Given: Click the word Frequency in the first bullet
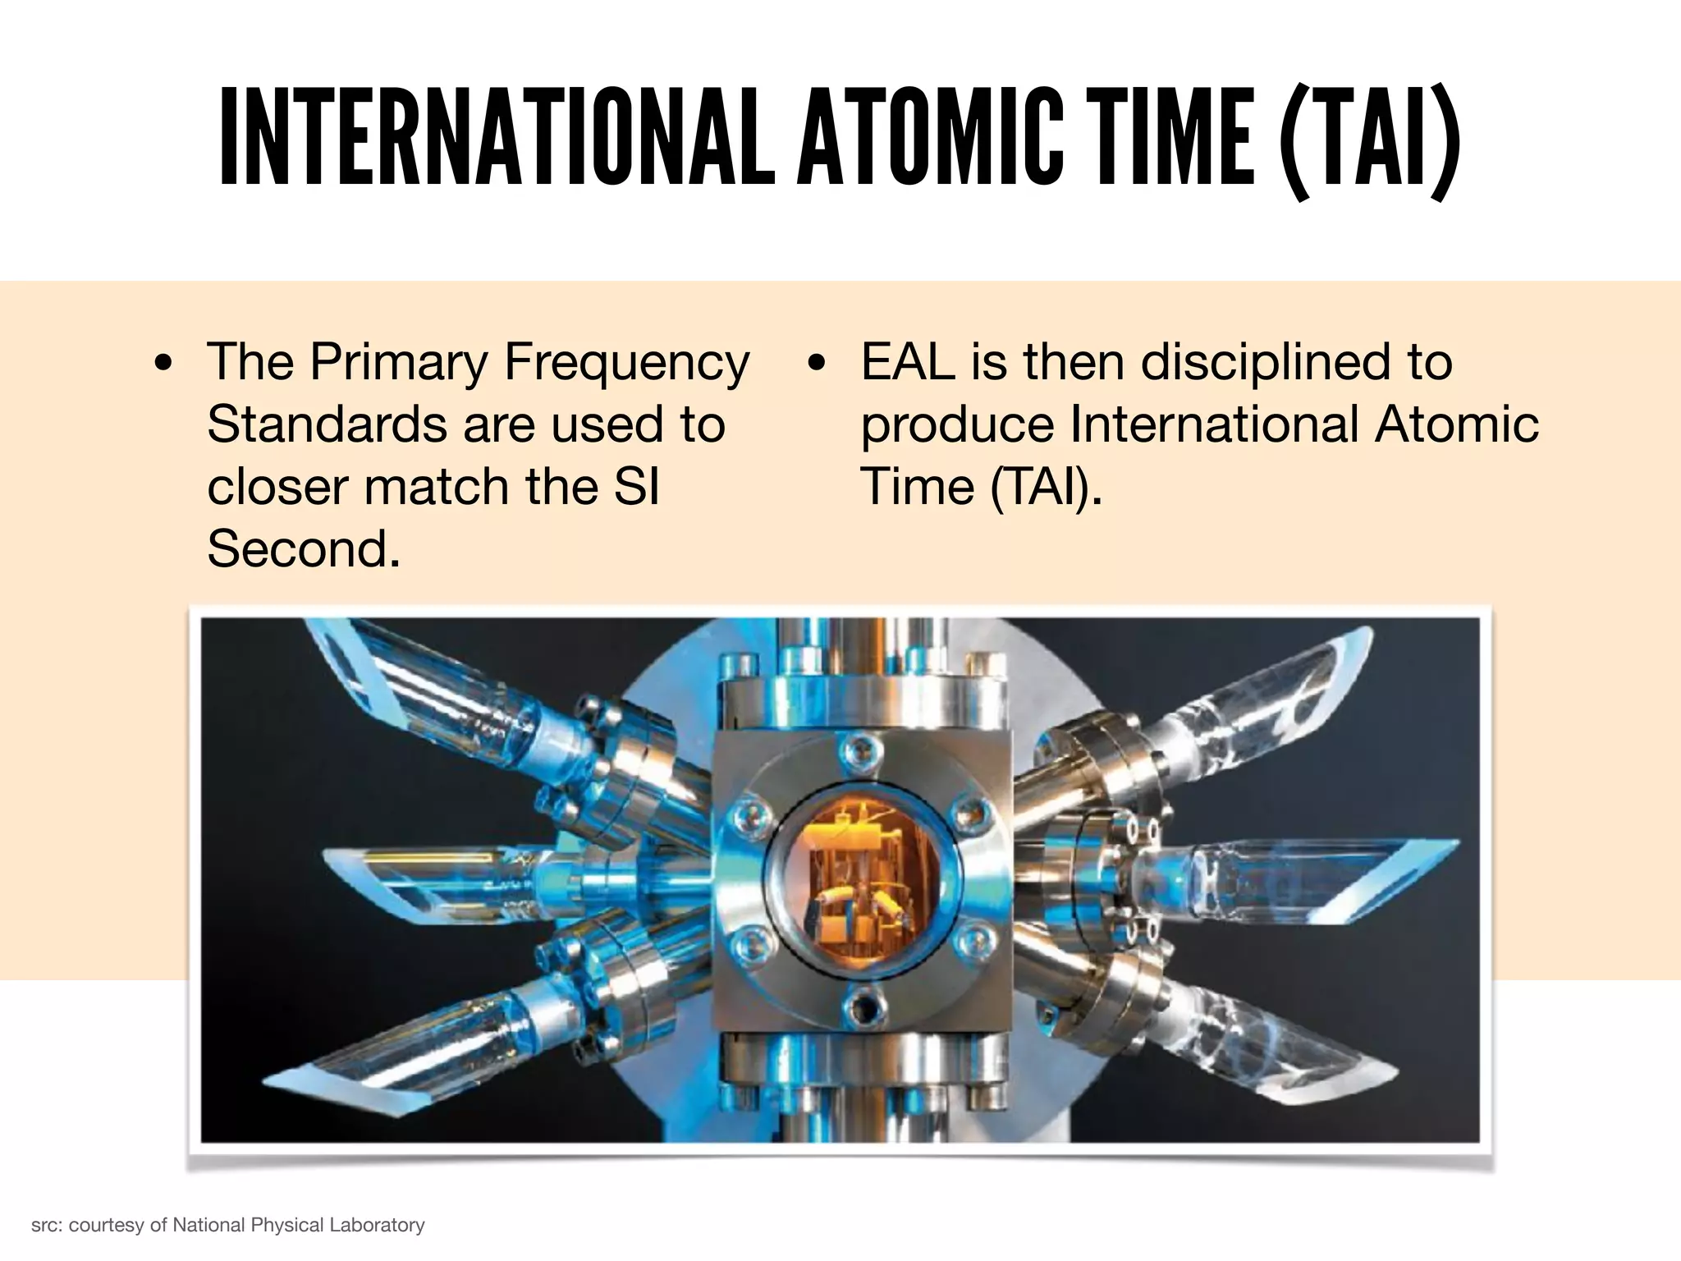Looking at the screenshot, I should pos(626,362).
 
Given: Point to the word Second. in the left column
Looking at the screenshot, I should pos(304,548).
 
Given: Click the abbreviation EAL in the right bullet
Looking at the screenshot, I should pos(908,362).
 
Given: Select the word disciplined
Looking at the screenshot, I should pos(1267,362).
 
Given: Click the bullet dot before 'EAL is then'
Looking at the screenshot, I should pos(816,364).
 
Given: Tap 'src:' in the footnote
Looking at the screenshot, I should pos(47,1226).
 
